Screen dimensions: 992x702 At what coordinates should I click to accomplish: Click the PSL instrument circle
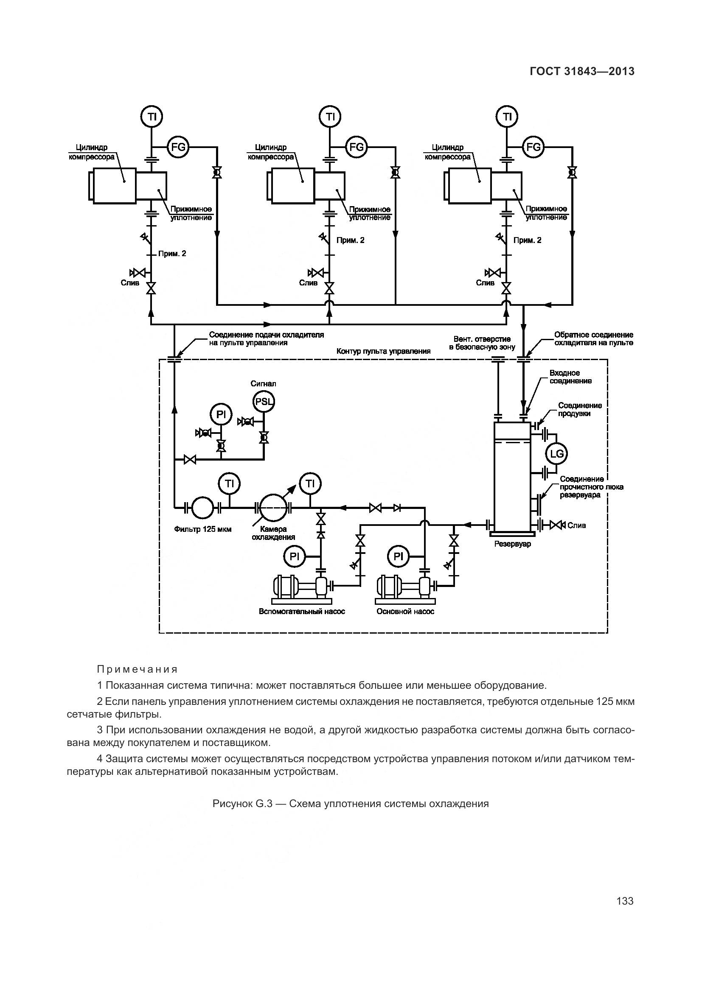point(264,401)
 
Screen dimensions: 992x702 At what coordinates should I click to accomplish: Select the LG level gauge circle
point(556,454)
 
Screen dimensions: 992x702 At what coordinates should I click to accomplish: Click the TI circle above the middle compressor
point(330,117)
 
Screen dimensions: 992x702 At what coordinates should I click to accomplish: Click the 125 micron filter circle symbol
point(202,507)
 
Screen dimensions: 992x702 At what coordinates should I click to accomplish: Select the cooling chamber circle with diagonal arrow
point(273,507)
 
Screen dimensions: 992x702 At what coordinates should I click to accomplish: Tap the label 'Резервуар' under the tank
point(513,544)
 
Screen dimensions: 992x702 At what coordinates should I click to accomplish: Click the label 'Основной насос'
point(405,612)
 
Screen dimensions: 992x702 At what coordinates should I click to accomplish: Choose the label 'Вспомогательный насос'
point(302,612)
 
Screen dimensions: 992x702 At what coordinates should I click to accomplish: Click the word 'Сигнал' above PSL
point(263,384)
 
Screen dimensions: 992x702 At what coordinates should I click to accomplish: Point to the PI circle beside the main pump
point(398,556)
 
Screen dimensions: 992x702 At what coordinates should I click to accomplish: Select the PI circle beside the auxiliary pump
point(295,556)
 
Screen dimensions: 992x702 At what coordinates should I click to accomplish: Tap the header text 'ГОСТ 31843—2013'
point(582,71)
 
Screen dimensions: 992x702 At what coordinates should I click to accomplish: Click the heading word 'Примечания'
point(138,669)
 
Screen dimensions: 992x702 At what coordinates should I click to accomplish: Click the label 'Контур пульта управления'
point(383,351)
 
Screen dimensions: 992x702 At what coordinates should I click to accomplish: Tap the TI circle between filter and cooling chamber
point(229,483)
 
